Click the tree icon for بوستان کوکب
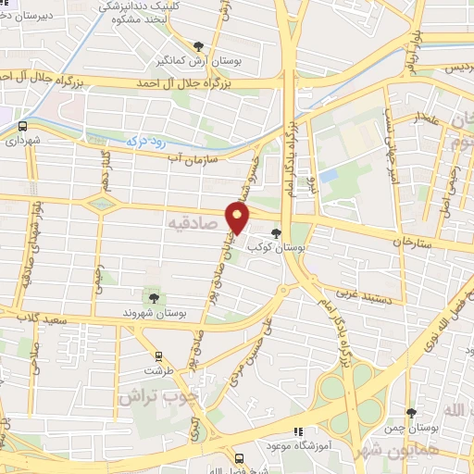(275, 234)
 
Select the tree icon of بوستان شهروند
(153, 297)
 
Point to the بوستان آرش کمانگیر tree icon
(197, 45)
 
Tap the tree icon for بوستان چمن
(412, 413)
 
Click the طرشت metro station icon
(159, 355)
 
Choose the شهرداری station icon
(22, 126)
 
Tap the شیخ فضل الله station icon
(239, 458)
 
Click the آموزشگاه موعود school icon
(297, 431)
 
